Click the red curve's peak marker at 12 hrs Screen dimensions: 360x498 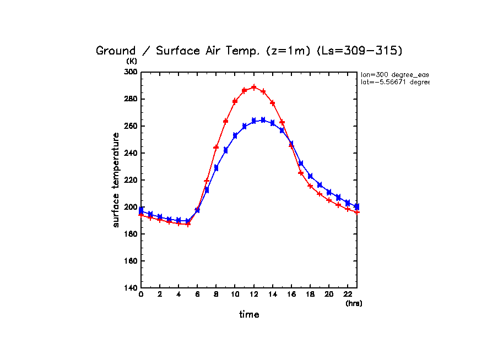254,87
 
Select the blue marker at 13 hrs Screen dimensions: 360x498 263,120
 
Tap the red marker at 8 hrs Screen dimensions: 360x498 216,148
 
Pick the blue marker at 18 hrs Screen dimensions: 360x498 310,176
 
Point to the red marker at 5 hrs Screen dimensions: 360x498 188,224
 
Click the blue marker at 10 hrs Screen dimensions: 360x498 235,135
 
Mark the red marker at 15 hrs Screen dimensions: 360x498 282,122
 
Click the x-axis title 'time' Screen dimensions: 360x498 249,315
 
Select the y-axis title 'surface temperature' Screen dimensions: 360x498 116,180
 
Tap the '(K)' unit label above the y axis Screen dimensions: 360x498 132,61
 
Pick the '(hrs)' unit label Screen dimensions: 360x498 354,303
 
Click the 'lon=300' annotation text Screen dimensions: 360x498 394,74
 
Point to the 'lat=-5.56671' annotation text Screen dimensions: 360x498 394,82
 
